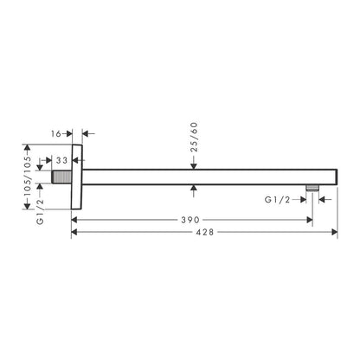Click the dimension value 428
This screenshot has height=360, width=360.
(x=205, y=232)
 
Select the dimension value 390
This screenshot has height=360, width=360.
(x=190, y=220)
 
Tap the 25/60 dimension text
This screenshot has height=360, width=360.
(x=194, y=137)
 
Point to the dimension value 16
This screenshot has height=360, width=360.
(x=56, y=134)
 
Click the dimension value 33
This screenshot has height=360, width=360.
(x=61, y=160)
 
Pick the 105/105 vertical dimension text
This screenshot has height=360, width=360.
(x=28, y=176)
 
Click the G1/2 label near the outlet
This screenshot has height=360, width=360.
(x=277, y=200)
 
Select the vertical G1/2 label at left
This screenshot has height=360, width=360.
(x=41, y=211)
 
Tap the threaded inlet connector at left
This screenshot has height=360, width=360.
(x=61, y=177)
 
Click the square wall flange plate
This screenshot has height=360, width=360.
(x=77, y=177)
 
